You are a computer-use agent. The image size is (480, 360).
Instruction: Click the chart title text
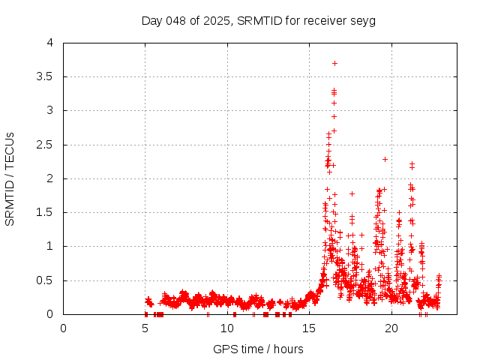coord(258,20)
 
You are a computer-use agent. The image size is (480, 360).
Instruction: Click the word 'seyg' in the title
coord(362,20)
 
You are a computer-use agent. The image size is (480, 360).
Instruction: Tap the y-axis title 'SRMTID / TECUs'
coord(10,178)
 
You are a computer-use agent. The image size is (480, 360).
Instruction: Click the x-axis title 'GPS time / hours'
coord(258,349)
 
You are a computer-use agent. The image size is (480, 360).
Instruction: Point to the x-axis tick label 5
coord(145,328)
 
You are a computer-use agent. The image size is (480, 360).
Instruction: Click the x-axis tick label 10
coord(227,328)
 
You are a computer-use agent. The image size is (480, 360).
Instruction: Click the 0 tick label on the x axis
coord(63,328)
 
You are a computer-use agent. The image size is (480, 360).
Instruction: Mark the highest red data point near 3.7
coord(334,63)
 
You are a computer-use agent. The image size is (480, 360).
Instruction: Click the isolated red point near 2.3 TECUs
coord(385,159)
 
